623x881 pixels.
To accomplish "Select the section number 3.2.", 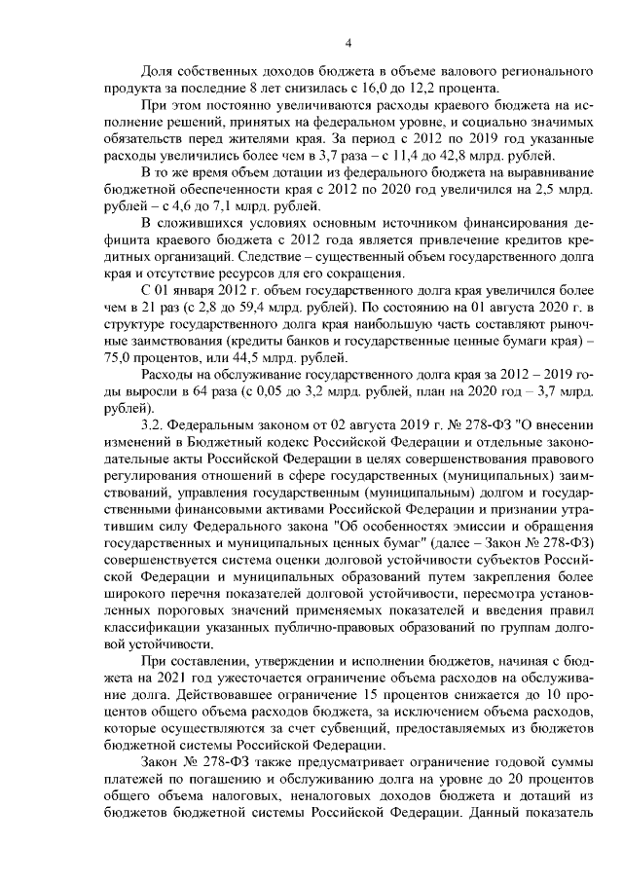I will (x=153, y=425).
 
